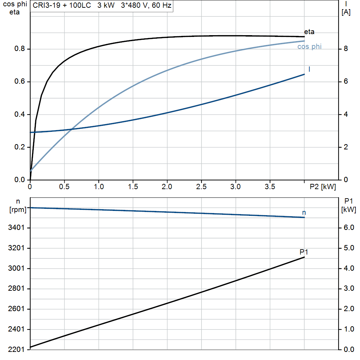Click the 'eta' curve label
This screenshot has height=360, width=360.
pos(309,32)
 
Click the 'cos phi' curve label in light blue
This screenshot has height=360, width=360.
pos(309,47)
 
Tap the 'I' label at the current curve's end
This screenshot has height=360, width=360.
pos(309,69)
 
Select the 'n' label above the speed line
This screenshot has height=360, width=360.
pos(304,212)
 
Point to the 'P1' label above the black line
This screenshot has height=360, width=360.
pos(304,252)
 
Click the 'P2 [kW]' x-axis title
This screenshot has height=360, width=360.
pos(323,187)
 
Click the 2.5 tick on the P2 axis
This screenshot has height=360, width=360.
pos(201,187)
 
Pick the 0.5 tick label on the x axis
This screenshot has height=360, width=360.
pos(64,187)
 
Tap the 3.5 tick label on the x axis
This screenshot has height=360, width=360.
pos(270,187)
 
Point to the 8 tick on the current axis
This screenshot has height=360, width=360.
pos(346,49)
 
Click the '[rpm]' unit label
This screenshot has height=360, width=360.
pos(18,210)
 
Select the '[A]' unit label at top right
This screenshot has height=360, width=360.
pos(346,12)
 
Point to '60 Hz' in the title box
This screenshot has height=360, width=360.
pos(162,6)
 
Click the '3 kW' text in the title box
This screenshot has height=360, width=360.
pos(106,6)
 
